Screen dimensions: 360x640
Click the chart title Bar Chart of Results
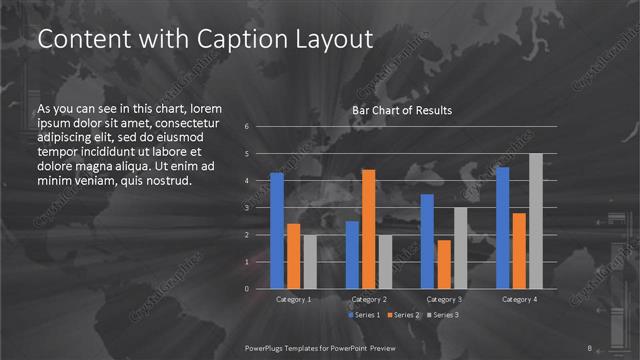click(x=402, y=110)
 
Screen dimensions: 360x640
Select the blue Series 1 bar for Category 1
click(x=277, y=230)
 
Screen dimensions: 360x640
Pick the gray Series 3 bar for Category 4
click(x=535, y=221)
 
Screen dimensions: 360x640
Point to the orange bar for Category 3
click(x=443, y=264)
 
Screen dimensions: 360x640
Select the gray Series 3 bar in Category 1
click(x=309, y=262)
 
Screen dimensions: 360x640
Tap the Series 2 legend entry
click(x=404, y=315)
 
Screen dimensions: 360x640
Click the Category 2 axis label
click(x=369, y=299)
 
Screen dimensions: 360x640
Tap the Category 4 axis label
click(x=519, y=299)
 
